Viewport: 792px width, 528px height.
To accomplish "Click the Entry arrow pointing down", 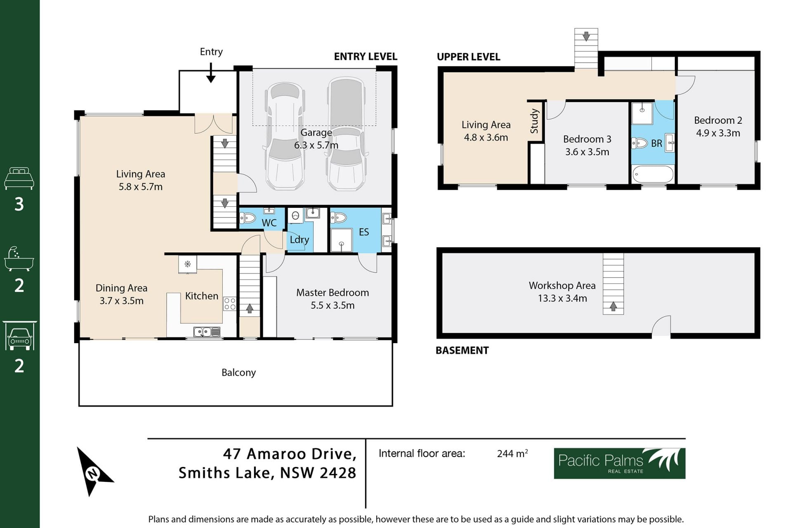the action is coord(211,73).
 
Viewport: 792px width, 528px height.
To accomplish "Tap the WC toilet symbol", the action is coord(248,217).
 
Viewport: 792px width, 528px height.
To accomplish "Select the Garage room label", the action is coord(316,132).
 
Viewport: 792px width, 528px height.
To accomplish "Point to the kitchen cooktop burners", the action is coord(230,304).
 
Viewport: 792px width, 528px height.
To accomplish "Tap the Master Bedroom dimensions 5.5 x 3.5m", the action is coord(332,305).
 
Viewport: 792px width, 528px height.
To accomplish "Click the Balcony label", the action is coord(238,372).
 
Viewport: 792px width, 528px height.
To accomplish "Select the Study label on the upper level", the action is coord(534,121).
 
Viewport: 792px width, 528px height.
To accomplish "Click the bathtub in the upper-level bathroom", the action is coord(653,174).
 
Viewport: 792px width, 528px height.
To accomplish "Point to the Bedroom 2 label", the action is coord(718,120).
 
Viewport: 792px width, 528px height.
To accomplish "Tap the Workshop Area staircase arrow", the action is coord(613,306).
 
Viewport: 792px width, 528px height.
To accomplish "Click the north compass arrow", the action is coord(93,471).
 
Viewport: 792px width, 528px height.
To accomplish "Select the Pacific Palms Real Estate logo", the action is coord(620,463).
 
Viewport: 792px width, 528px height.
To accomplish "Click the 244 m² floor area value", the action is coord(512,453).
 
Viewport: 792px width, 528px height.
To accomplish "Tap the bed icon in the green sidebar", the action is coord(19,178).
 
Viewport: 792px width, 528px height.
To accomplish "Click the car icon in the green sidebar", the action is coord(19,336).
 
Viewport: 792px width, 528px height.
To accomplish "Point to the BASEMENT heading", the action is coord(462,350).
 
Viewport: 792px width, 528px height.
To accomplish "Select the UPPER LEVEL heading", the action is coord(468,57).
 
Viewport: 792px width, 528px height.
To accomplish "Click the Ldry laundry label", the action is coord(299,240).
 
